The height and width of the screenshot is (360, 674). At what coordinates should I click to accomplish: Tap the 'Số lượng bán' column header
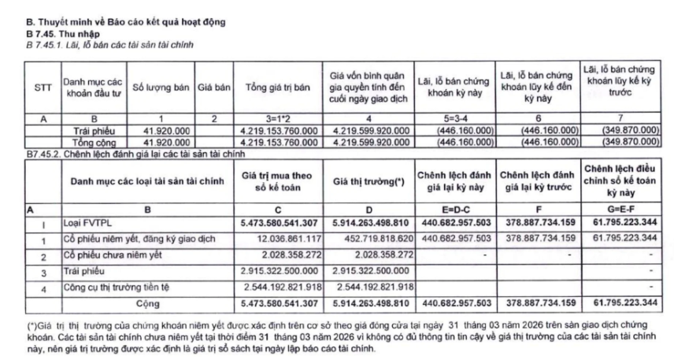[x=161, y=89]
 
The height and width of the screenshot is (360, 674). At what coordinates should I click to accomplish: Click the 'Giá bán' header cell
[x=213, y=89]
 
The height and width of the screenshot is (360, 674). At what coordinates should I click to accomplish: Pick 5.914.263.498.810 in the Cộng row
[x=368, y=302]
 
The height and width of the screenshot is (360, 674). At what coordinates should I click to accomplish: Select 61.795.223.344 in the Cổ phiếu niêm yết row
[x=623, y=237]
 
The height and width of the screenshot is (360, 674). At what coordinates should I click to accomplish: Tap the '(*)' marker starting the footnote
[x=31, y=323]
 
